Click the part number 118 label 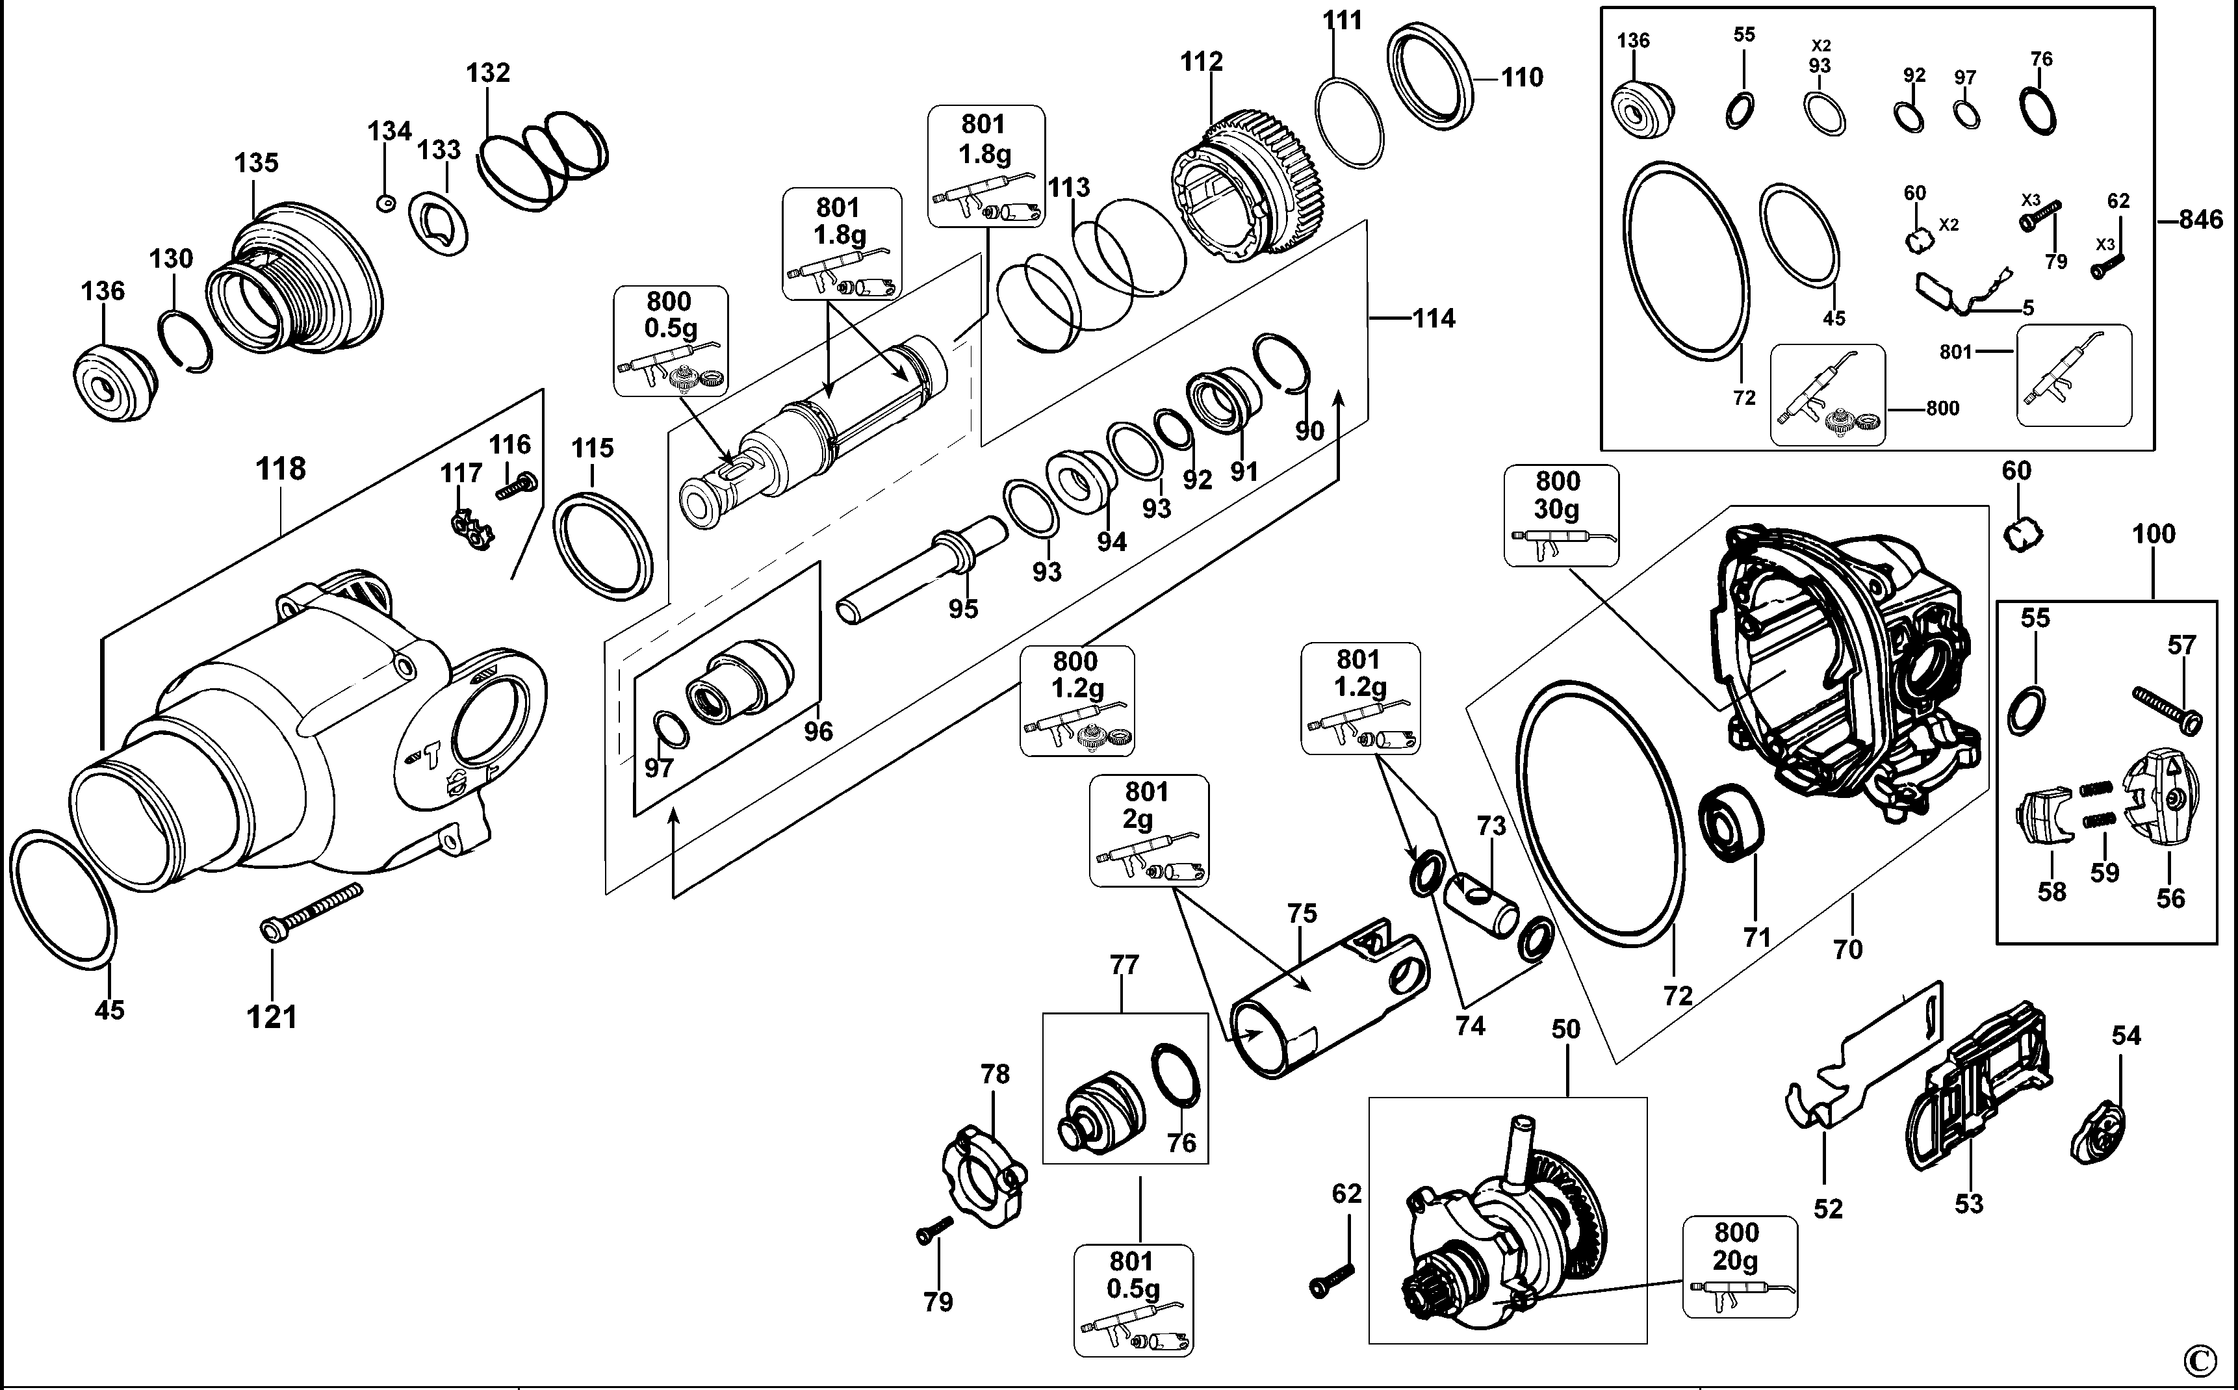(280, 469)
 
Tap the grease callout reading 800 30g (1561, 515)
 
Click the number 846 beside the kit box (2200, 220)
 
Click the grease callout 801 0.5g (1133, 1300)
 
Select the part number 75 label (1302, 914)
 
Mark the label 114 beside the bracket (1433, 319)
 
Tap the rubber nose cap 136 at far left (112, 383)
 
